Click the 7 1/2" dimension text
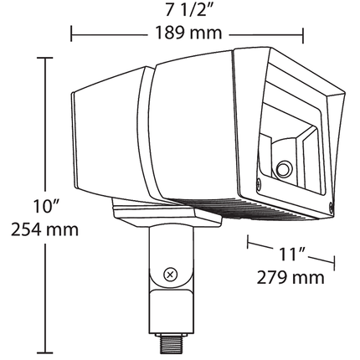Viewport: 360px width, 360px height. [189, 11]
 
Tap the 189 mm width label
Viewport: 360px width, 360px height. [188, 33]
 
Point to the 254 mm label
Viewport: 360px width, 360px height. [44, 229]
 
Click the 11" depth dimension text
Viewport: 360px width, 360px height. [291, 254]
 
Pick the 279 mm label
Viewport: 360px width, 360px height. [291, 277]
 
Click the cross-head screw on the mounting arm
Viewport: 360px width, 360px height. [170, 275]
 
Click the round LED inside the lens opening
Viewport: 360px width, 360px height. [284, 168]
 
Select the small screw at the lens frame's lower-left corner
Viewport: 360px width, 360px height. [259, 183]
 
